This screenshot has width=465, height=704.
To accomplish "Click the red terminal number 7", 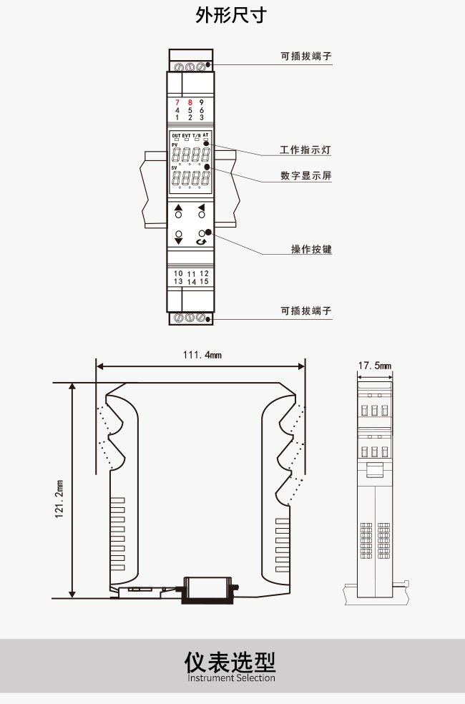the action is (x=177, y=102).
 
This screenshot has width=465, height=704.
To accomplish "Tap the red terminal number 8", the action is (x=190, y=102).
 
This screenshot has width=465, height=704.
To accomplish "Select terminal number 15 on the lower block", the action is (x=204, y=281).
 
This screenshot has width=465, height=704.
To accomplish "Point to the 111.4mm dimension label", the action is (x=202, y=355).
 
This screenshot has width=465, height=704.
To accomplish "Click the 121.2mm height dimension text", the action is (x=59, y=499).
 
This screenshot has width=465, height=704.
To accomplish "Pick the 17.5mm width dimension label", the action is (x=374, y=366).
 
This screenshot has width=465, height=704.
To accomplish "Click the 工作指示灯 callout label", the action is (x=305, y=150).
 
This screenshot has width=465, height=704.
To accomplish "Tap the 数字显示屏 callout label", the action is (x=306, y=175).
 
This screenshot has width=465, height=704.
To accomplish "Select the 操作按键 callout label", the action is (x=311, y=249).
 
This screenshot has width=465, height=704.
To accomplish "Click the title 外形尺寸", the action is (x=231, y=15).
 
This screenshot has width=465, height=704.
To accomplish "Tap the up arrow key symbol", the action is (x=179, y=207).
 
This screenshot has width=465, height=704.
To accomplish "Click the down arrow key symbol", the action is (x=179, y=241).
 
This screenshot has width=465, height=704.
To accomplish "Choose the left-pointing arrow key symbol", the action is (x=202, y=207).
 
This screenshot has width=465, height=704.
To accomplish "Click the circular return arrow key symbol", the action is (x=202, y=242).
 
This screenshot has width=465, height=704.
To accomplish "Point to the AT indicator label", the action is (x=205, y=135).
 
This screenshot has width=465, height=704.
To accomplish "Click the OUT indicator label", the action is (x=177, y=135).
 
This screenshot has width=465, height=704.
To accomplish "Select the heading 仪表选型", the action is (x=230, y=662).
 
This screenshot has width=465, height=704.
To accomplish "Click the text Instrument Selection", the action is (x=231, y=678).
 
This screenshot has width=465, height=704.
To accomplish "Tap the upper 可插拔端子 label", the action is (x=306, y=56).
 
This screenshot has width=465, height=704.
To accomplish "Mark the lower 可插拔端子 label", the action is (x=306, y=311).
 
